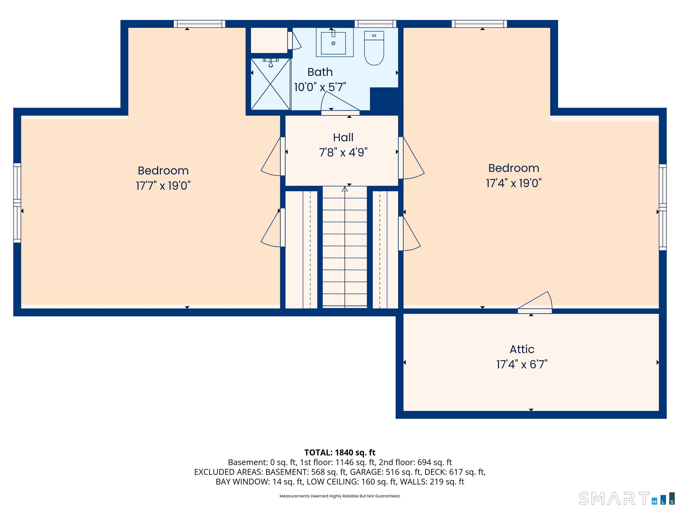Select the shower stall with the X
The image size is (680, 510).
coord(270,84)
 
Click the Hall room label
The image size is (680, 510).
coord(343,137)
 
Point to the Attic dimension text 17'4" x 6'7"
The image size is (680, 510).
coord(522,364)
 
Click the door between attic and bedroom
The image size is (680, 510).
coord(535,311)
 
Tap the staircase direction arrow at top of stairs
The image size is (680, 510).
coord(345,189)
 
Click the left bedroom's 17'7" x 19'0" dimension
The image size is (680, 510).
coord(163,186)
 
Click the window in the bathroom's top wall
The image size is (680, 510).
coord(375,24)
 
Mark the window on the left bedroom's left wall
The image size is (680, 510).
coord(17,203)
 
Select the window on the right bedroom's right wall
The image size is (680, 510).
coord(663,207)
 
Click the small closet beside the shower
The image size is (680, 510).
coord(269,40)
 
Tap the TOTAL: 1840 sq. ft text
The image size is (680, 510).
coord(340,452)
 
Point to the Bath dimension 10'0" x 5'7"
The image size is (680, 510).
coord(320,87)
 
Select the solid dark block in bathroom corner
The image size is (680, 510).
coord(384,98)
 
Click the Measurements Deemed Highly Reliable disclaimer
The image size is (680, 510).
coord(340,496)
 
